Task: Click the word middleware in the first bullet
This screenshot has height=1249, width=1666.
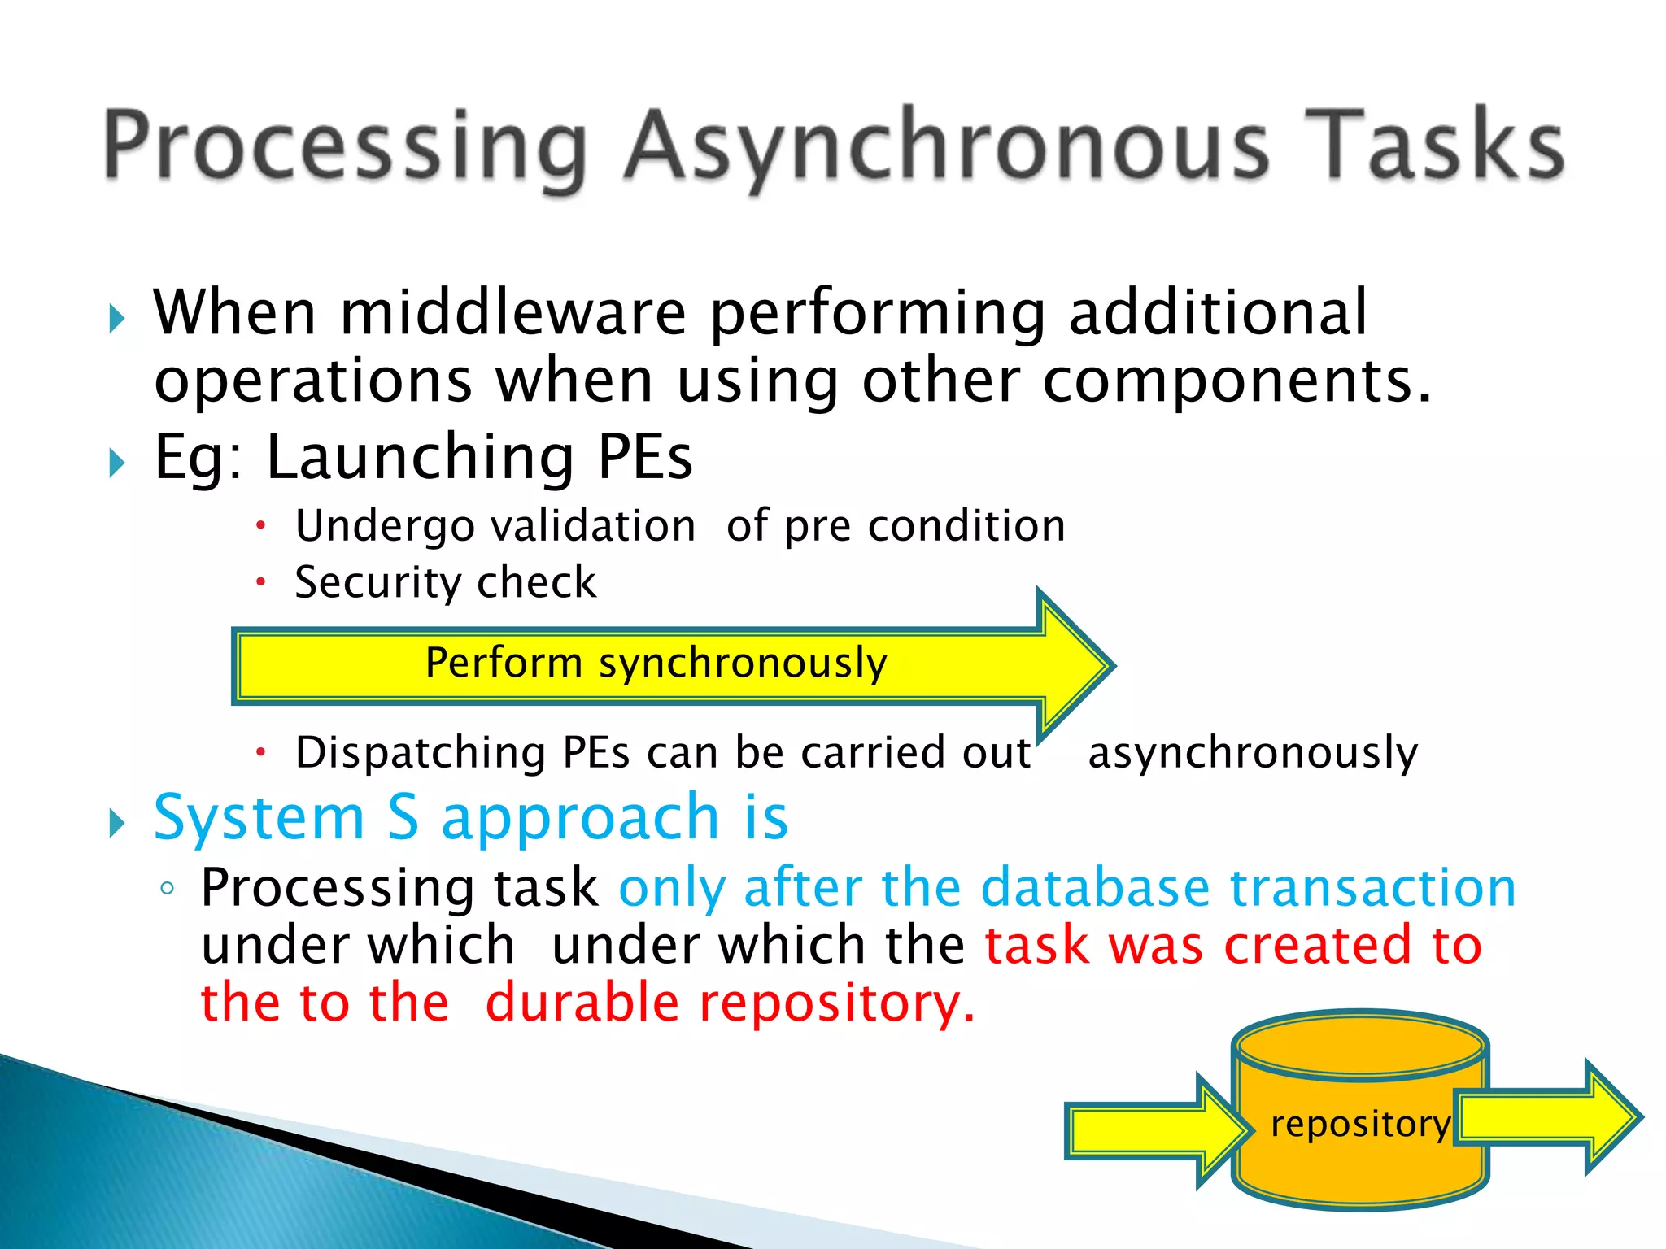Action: point(512,313)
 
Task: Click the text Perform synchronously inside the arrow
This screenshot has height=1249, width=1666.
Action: point(656,663)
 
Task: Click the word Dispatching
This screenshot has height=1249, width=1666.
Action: point(421,752)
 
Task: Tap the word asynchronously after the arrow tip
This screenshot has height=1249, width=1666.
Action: point(1253,752)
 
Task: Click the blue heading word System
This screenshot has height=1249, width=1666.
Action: point(259,818)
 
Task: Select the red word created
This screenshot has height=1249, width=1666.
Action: point(1318,946)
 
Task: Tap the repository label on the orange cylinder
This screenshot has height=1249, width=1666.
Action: point(1360,1124)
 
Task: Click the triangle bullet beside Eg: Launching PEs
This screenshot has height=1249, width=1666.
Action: point(117,463)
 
